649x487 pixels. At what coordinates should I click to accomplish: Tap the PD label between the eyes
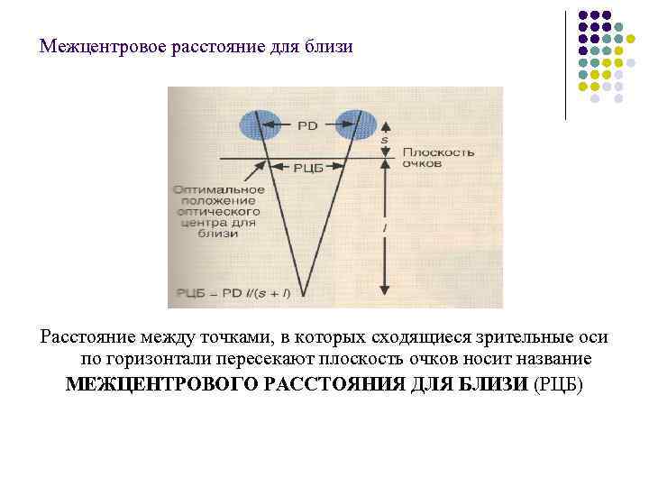click(306, 126)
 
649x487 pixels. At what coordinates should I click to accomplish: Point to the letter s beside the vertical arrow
click(385, 142)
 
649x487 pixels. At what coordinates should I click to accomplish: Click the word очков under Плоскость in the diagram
click(422, 166)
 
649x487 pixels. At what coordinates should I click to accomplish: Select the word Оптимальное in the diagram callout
click(220, 189)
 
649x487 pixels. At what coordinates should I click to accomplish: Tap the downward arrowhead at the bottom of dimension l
click(385, 289)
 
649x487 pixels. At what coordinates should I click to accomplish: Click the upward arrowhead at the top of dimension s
click(385, 126)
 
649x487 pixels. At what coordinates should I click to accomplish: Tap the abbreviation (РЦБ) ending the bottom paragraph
click(559, 385)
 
